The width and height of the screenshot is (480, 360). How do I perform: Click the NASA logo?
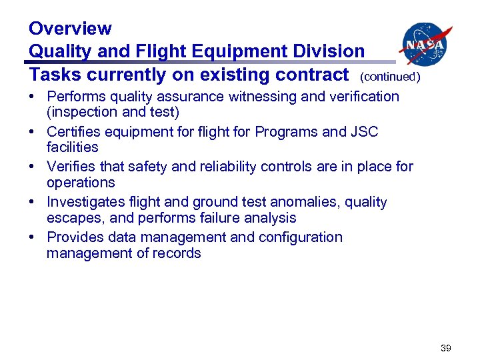(x=425, y=44)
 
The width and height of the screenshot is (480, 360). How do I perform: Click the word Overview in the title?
(x=70, y=29)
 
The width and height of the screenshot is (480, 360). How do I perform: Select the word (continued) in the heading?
(x=390, y=77)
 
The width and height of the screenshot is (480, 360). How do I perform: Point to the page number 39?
(x=445, y=347)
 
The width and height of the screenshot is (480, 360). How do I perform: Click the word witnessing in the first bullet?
(x=263, y=97)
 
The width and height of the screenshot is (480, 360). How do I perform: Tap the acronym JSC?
(x=364, y=132)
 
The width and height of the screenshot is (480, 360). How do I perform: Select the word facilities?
(x=73, y=147)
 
